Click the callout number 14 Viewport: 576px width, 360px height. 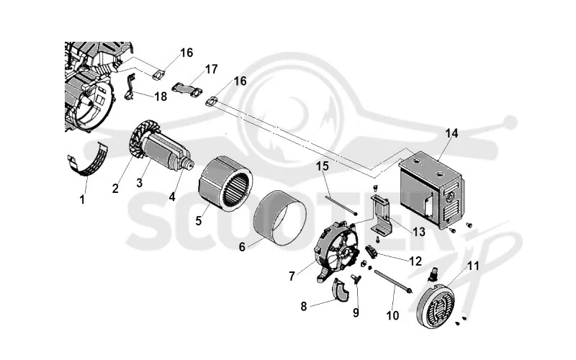point(451,133)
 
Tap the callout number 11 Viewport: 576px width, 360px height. point(473,266)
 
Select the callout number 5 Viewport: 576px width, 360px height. point(199,221)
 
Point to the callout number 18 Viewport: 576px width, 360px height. point(161,96)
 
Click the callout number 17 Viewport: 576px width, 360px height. point(211,69)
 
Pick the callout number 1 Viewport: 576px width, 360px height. point(82,199)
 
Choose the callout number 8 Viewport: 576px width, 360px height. point(304,307)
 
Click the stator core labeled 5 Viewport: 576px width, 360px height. point(225,184)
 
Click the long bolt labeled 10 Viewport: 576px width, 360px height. point(392,282)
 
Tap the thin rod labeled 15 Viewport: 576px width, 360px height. point(341,206)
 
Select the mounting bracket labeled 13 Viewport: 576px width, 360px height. point(382,215)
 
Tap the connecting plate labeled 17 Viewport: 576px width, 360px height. point(186,90)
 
